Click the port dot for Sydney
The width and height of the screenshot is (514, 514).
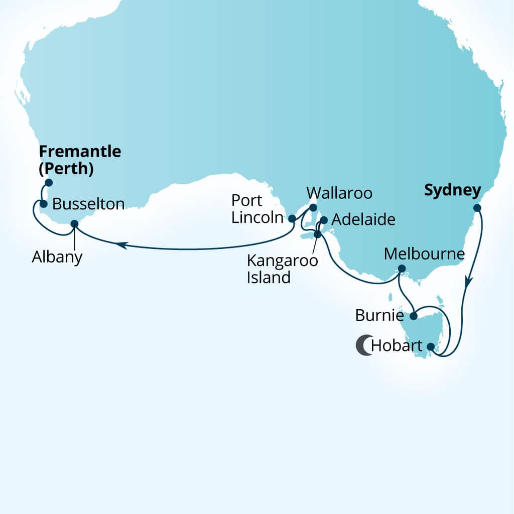477,208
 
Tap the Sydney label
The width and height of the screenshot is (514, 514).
452,191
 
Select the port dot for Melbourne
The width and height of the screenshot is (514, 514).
402,269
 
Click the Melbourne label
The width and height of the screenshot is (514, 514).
424,254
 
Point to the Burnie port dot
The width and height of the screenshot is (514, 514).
413,316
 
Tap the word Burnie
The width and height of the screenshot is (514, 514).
379,316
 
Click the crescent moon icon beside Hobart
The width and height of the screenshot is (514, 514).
364,345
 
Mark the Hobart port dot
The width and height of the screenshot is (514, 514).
430,346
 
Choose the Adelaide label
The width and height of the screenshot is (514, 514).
363,220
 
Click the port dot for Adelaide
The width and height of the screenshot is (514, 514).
324,220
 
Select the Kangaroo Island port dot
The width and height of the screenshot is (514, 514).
317,234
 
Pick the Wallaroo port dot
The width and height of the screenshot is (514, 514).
313,207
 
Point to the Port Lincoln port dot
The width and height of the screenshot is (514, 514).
292,218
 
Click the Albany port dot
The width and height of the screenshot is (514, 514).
74,223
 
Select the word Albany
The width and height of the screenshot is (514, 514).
57,257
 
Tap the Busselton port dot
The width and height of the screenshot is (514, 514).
44,204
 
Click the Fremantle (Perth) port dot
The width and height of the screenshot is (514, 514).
49,182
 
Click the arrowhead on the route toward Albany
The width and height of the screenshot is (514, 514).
120,245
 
